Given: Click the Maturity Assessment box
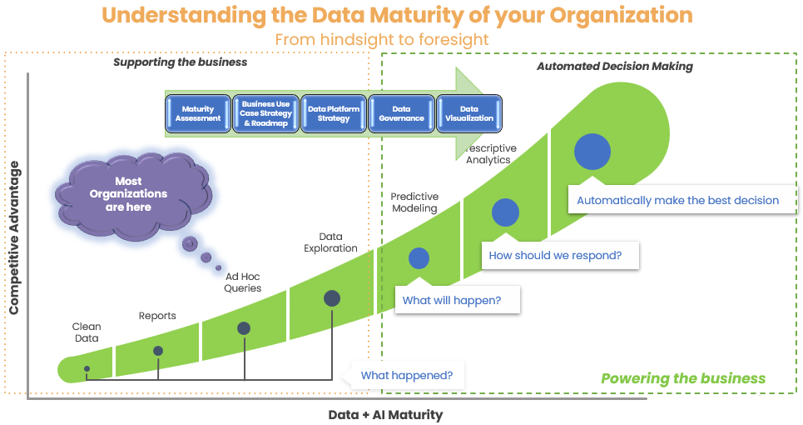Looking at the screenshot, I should pos(198,113).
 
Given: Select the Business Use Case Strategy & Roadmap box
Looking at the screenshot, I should pos(266,113).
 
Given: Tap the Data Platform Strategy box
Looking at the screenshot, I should pos(334,113).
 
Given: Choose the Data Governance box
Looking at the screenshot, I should pos(401,113).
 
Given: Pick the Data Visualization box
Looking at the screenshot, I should pos(469,113).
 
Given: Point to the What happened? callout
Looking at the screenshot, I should pos(406,376).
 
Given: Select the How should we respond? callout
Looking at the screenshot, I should pos(555,255).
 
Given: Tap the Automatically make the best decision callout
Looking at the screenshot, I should pos(677,200).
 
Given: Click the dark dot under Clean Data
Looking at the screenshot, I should pos(87,368).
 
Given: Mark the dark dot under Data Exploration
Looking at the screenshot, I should pos(331,297).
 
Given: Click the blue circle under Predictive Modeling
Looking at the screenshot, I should pos(419,258).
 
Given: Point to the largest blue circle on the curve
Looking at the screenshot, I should pos(594,151).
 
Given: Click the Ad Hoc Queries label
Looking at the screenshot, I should pos(243,282).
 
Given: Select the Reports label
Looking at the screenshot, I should pos(157,316).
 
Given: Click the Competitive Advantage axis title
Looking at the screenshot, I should pos(13,237).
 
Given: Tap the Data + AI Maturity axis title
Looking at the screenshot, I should pos(385,414).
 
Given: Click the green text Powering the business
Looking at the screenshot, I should pos(683,378).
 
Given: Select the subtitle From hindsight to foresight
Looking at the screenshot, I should pos(381,39).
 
